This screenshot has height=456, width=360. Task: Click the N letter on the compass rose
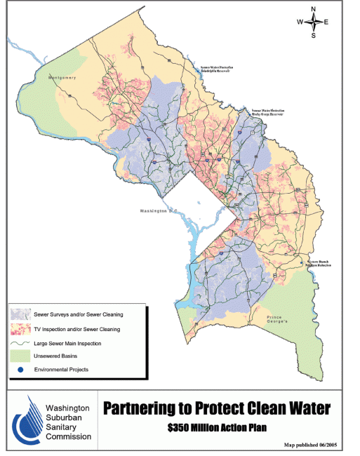314,8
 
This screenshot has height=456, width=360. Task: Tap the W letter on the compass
300,22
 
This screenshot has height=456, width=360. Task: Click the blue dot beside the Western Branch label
302,263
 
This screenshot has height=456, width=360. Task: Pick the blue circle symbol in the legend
20,369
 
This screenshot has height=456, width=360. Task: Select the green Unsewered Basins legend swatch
20,356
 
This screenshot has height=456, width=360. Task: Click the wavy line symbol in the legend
20,343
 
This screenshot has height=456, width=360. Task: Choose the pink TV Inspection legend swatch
20,329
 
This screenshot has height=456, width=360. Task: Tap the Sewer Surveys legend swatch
20,315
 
